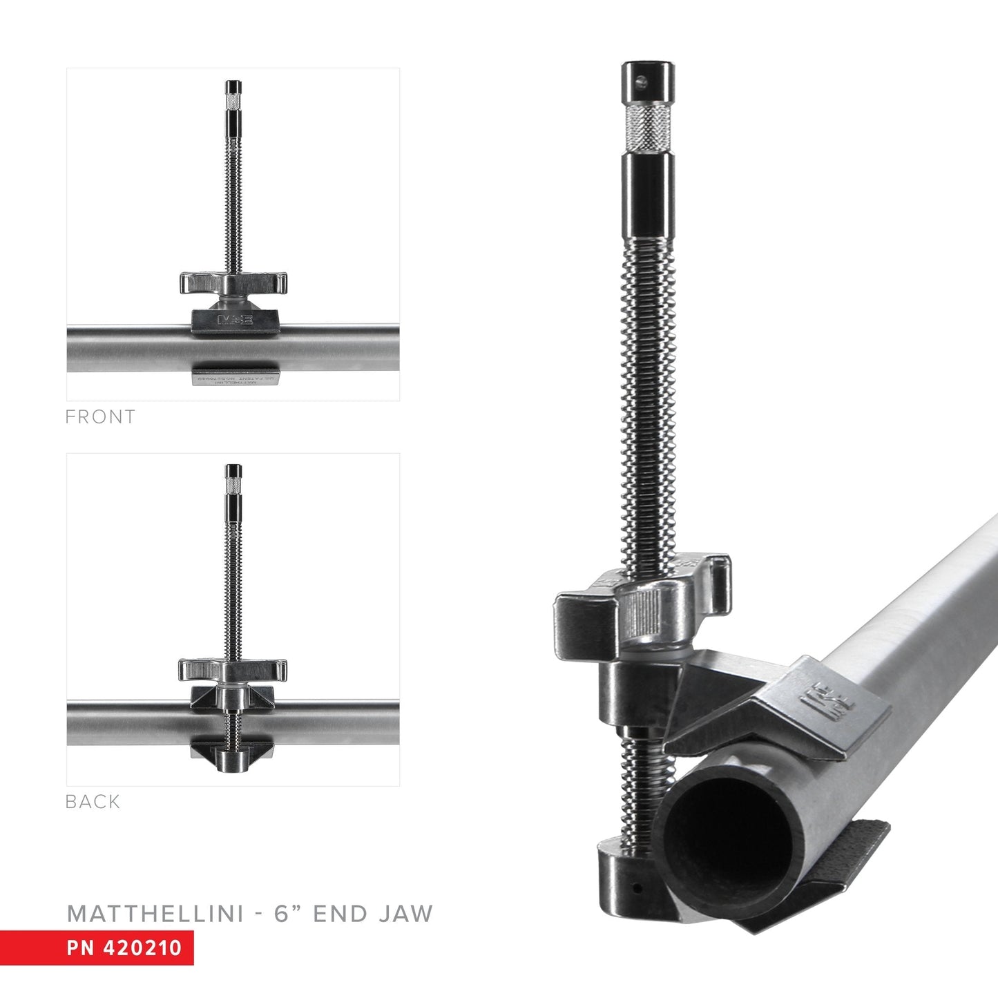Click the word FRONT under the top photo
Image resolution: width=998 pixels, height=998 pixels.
100,417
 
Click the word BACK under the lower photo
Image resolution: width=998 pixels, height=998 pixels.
93,802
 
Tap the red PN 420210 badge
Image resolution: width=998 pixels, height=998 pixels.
97,947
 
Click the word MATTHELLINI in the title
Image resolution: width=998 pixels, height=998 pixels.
155,914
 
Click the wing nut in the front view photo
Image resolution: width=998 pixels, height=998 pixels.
233,282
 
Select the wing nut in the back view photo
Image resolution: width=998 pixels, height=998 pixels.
233,669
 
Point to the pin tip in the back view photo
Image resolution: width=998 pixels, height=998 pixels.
233,472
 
